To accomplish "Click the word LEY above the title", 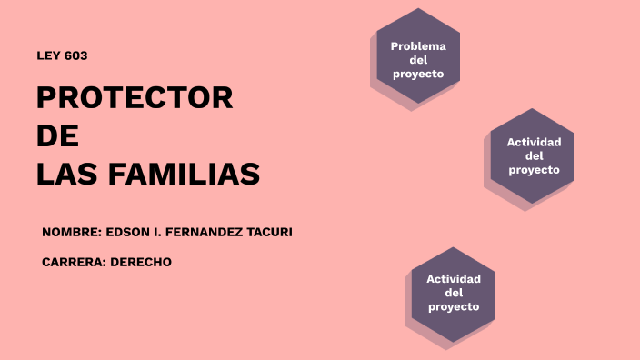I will (48, 55).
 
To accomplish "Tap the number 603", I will (75, 55).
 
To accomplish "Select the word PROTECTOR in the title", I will (135, 98).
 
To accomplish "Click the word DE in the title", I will (57, 135).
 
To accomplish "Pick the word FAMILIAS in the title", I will (192, 174).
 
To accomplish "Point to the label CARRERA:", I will (74, 262).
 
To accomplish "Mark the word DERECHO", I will (141, 262).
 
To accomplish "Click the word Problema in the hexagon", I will (418, 46).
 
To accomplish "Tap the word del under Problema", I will (418, 60).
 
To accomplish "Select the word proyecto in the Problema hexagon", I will (418, 74).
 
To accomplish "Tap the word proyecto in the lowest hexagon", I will (454, 306).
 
